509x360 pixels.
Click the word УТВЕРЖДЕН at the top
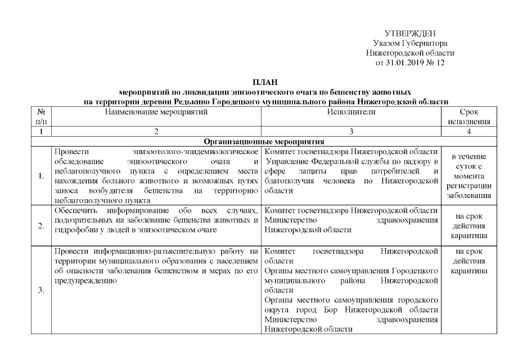click(410, 34)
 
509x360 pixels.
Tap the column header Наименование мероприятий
click(156, 112)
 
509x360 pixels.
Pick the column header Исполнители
click(351, 112)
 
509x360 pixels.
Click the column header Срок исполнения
click(469, 116)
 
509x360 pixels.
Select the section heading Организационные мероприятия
click(265, 141)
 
